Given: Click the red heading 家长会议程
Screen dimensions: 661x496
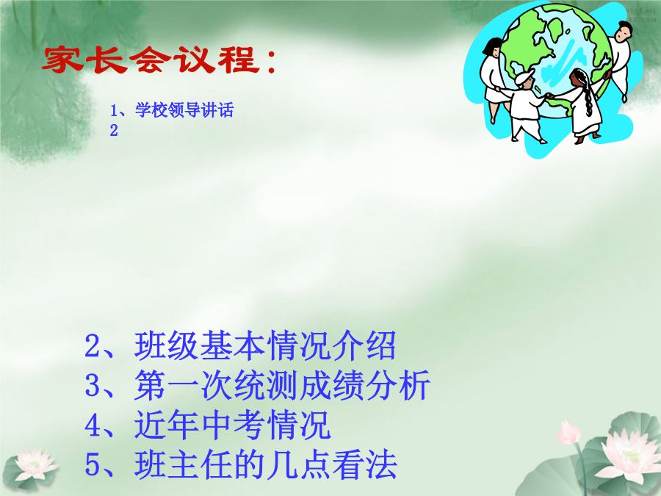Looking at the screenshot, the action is click(159, 60).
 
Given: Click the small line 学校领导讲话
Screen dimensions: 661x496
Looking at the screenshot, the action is click(184, 110).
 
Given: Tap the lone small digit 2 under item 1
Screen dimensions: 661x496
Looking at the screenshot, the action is click(114, 130).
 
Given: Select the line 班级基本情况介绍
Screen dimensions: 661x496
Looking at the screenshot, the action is click(265, 345).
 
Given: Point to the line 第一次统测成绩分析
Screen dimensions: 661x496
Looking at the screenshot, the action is click(282, 384).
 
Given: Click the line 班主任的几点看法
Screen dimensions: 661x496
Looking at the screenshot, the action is click(266, 464).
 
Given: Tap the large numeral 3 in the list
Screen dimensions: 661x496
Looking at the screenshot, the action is click(93, 385).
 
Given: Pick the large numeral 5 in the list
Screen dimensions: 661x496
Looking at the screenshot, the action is click(93, 464).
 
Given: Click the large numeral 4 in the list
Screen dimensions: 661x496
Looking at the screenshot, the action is click(93, 425).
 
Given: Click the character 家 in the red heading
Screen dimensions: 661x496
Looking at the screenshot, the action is click(62, 60).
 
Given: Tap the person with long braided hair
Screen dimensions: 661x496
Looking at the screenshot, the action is click(584, 105).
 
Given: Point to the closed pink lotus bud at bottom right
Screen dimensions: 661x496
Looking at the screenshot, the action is click(568, 433).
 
